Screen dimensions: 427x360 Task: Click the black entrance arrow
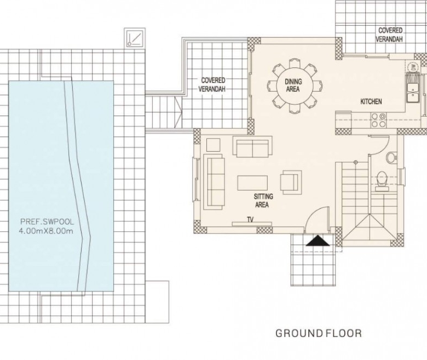(318, 241)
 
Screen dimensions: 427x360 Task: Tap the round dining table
(293, 85)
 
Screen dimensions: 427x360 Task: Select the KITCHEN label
(371, 102)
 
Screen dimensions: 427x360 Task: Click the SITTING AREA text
(263, 201)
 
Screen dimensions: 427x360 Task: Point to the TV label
(250, 219)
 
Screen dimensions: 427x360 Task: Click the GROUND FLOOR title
(319, 333)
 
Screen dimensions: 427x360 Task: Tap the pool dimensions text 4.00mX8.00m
(46, 231)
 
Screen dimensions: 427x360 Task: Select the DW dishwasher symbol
(414, 67)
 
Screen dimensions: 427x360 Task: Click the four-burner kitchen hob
(378, 120)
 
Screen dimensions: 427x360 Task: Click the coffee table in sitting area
(252, 182)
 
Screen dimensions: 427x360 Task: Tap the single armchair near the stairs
(291, 182)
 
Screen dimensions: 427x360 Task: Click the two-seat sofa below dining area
(252, 147)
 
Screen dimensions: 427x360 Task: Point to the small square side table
(214, 145)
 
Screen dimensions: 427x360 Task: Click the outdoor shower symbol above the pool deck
(135, 38)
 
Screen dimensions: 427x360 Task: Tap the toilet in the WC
(382, 180)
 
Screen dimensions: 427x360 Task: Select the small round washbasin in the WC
(391, 157)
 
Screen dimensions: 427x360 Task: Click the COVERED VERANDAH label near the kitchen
(390, 35)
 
